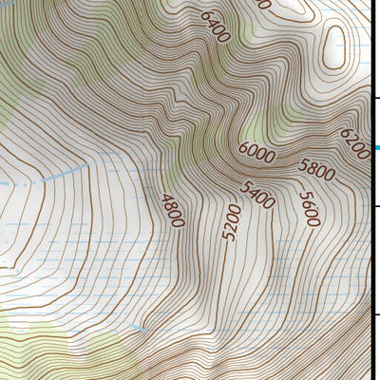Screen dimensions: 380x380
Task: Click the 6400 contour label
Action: (x=216, y=28)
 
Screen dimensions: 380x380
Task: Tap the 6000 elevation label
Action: (x=256, y=151)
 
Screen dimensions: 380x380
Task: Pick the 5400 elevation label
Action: (x=257, y=195)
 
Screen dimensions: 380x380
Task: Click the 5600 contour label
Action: (x=309, y=209)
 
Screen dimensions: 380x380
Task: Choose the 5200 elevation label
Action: (x=230, y=221)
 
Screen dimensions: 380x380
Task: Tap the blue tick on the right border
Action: (x=376, y=148)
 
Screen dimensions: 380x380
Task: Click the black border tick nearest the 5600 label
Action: (x=375, y=206)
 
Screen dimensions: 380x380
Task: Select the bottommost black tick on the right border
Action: (x=375, y=316)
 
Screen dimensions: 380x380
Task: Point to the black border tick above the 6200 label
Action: (x=375, y=97)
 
